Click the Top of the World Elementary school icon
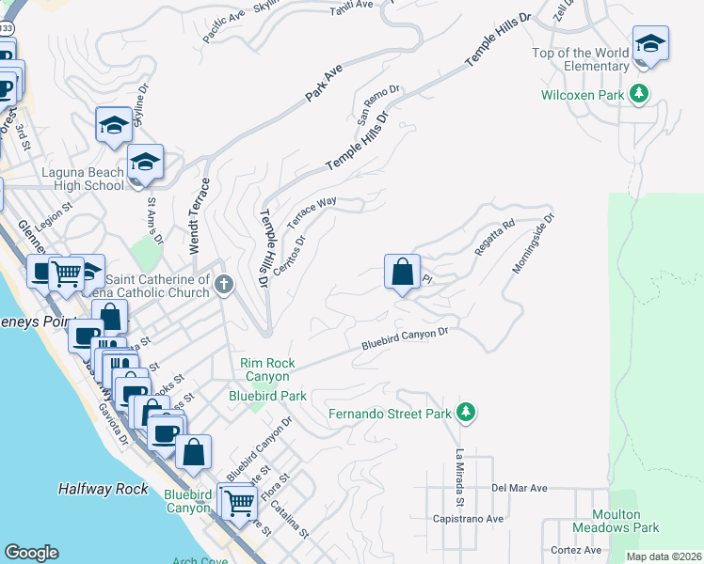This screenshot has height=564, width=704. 649,45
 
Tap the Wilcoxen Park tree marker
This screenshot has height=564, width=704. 640,94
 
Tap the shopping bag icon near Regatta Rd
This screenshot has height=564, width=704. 402,274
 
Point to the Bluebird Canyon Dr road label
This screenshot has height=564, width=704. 406,339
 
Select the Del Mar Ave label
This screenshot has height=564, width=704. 519,489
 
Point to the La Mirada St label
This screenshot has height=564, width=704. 459,475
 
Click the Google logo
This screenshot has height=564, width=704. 31,553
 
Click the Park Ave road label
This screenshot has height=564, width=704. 323,84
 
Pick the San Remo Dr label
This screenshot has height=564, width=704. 378,103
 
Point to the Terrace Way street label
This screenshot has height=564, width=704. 312,213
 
